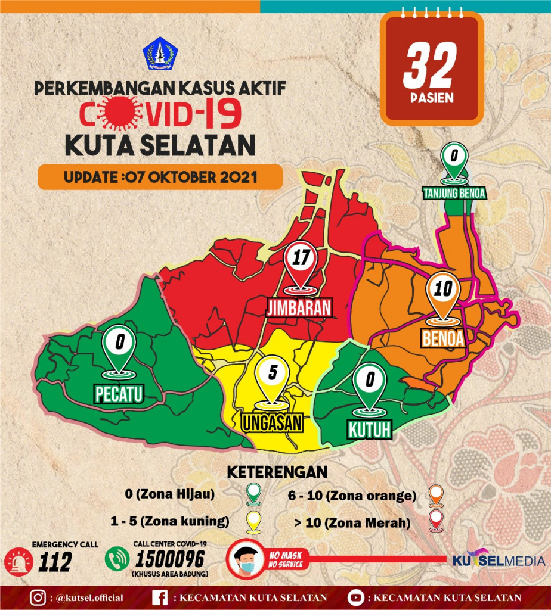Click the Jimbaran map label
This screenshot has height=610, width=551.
[298, 308]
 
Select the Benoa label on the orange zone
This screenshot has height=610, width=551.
[443, 338]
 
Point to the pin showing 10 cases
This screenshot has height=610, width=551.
[443, 293]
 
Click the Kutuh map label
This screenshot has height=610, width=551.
[369, 429]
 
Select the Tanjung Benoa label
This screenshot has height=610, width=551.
[454, 193]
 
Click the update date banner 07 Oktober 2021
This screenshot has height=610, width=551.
[160, 177]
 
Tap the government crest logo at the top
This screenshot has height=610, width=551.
[160, 54]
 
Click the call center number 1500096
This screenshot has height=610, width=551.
[170, 559]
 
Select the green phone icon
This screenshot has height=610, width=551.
[117, 559]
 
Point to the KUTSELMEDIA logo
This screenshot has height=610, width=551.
[499, 559]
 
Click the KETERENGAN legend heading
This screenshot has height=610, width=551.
[277, 472]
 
